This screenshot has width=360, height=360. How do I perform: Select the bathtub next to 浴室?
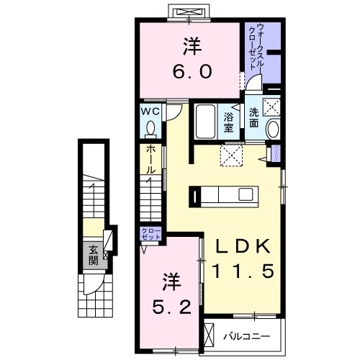point(206,122)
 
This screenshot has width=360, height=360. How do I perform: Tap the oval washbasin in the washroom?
point(274,130)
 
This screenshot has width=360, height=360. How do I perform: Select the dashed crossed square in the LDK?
point(232,153)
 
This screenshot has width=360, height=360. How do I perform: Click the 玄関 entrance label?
point(94,256)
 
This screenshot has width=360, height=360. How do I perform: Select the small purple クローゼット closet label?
point(151,234)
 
